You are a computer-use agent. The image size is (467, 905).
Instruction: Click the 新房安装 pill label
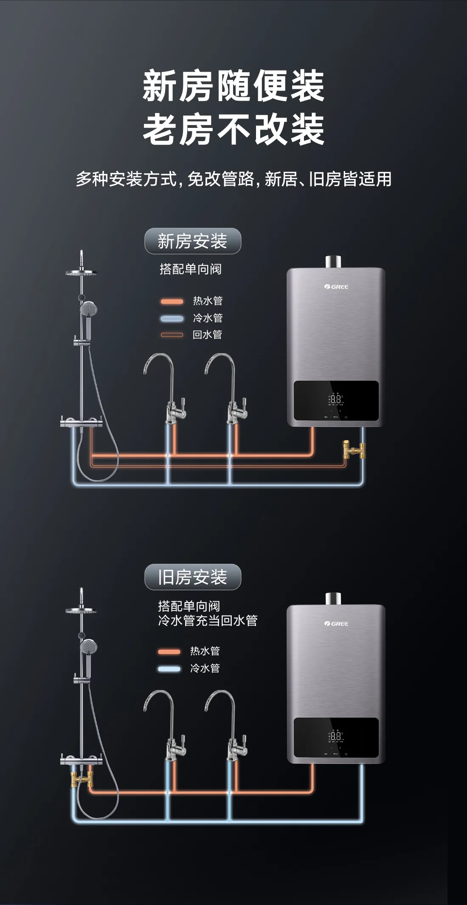pos(193,241)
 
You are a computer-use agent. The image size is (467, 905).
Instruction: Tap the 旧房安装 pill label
pos(193,577)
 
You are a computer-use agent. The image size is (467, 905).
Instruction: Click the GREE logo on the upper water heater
pos(336,287)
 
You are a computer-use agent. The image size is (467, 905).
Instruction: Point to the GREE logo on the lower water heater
pos(336,623)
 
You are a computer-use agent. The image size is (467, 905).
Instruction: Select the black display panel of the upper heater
pos(336,401)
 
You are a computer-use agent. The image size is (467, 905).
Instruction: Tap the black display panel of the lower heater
pos(336,738)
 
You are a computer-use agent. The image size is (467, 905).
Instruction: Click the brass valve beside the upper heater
pos(354,449)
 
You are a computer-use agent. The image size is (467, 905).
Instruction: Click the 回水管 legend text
pos(207,335)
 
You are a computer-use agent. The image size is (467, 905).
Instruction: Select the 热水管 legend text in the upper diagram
pos(208,301)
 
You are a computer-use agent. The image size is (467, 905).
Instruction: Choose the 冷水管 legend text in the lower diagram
pos(205,668)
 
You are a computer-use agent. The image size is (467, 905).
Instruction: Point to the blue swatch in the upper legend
pos(172,318)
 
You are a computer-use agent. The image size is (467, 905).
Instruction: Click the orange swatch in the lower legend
pos(169,651)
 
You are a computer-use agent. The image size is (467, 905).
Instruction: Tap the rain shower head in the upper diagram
pos(81,272)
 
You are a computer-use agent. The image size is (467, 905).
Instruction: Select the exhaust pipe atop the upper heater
pos(333,261)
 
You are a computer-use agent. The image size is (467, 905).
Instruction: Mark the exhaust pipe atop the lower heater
pos(333,598)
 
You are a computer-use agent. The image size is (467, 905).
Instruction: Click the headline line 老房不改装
pos(233,129)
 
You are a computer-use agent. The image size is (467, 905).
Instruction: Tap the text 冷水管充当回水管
pos(208,621)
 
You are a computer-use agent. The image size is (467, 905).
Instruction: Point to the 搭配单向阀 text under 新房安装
pos(190,269)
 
